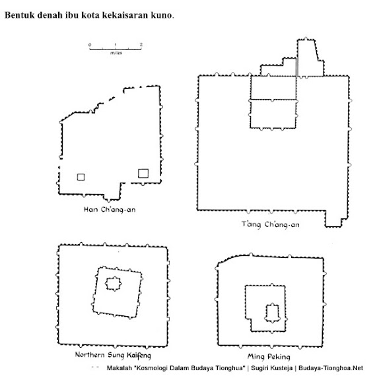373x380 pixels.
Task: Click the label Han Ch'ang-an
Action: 110,209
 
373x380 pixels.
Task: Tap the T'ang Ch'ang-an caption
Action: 270,224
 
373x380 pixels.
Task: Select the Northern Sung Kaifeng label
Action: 113,355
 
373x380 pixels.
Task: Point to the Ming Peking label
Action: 269,356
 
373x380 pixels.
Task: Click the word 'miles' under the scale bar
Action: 116,53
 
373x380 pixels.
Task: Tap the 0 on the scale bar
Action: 90,45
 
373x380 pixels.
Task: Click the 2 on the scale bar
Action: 141,45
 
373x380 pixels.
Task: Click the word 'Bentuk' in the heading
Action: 18,15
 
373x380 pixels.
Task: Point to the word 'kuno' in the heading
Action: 161,16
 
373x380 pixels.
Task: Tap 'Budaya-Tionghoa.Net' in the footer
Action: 331,368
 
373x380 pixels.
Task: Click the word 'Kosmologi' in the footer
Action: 151,368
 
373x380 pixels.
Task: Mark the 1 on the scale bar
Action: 116,45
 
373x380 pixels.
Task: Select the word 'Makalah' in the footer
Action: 119,368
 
